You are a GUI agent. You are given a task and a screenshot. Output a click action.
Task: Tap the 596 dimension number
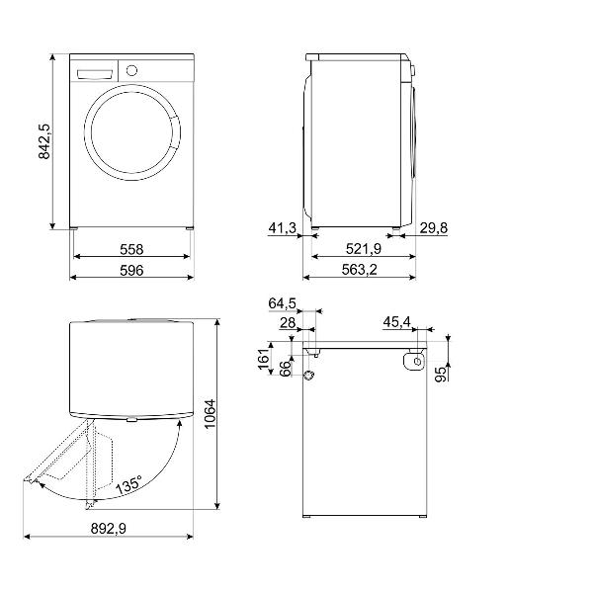point(131,272)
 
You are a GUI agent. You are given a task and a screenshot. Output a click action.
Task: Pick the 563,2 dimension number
point(362,272)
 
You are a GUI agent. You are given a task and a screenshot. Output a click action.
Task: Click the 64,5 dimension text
point(282,302)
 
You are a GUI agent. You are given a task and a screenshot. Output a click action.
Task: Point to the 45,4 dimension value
point(398,322)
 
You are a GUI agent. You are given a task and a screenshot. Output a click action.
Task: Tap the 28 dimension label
point(288,322)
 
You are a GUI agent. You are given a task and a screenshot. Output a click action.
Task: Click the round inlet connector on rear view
point(307,376)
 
